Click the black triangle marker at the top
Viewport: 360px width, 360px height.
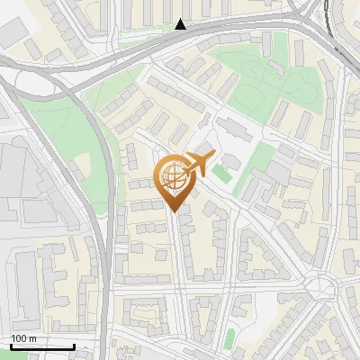point(181,25)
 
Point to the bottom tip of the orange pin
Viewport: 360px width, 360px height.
point(173,210)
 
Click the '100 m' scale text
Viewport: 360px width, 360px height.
point(24,338)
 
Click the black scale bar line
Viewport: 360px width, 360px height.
point(42,346)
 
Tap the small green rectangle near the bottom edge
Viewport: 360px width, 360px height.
point(229,338)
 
